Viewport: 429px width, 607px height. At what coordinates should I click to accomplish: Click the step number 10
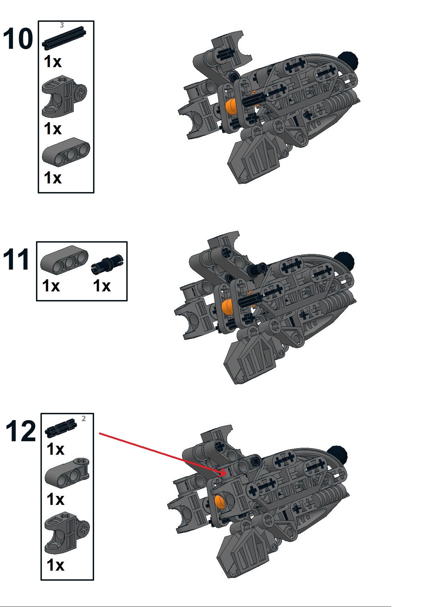[18, 39]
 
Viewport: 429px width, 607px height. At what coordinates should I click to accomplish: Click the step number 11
[16, 260]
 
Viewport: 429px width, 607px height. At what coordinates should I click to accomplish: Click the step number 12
[21, 431]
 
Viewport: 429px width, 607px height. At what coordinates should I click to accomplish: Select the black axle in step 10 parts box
[64, 37]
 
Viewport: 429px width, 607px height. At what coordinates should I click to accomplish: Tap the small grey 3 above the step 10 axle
[62, 25]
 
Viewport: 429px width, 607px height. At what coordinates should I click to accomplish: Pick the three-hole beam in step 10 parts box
[66, 152]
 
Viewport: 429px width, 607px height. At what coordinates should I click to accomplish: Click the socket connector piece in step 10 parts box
[64, 98]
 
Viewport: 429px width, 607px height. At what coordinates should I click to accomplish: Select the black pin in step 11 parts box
[107, 265]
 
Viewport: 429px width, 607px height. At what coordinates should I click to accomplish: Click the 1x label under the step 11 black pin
[102, 286]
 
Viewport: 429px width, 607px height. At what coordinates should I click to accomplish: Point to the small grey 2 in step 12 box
[84, 419]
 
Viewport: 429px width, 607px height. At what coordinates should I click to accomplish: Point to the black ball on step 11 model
[344, 261]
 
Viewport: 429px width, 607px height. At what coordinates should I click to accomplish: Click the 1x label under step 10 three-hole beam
[53, 178]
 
